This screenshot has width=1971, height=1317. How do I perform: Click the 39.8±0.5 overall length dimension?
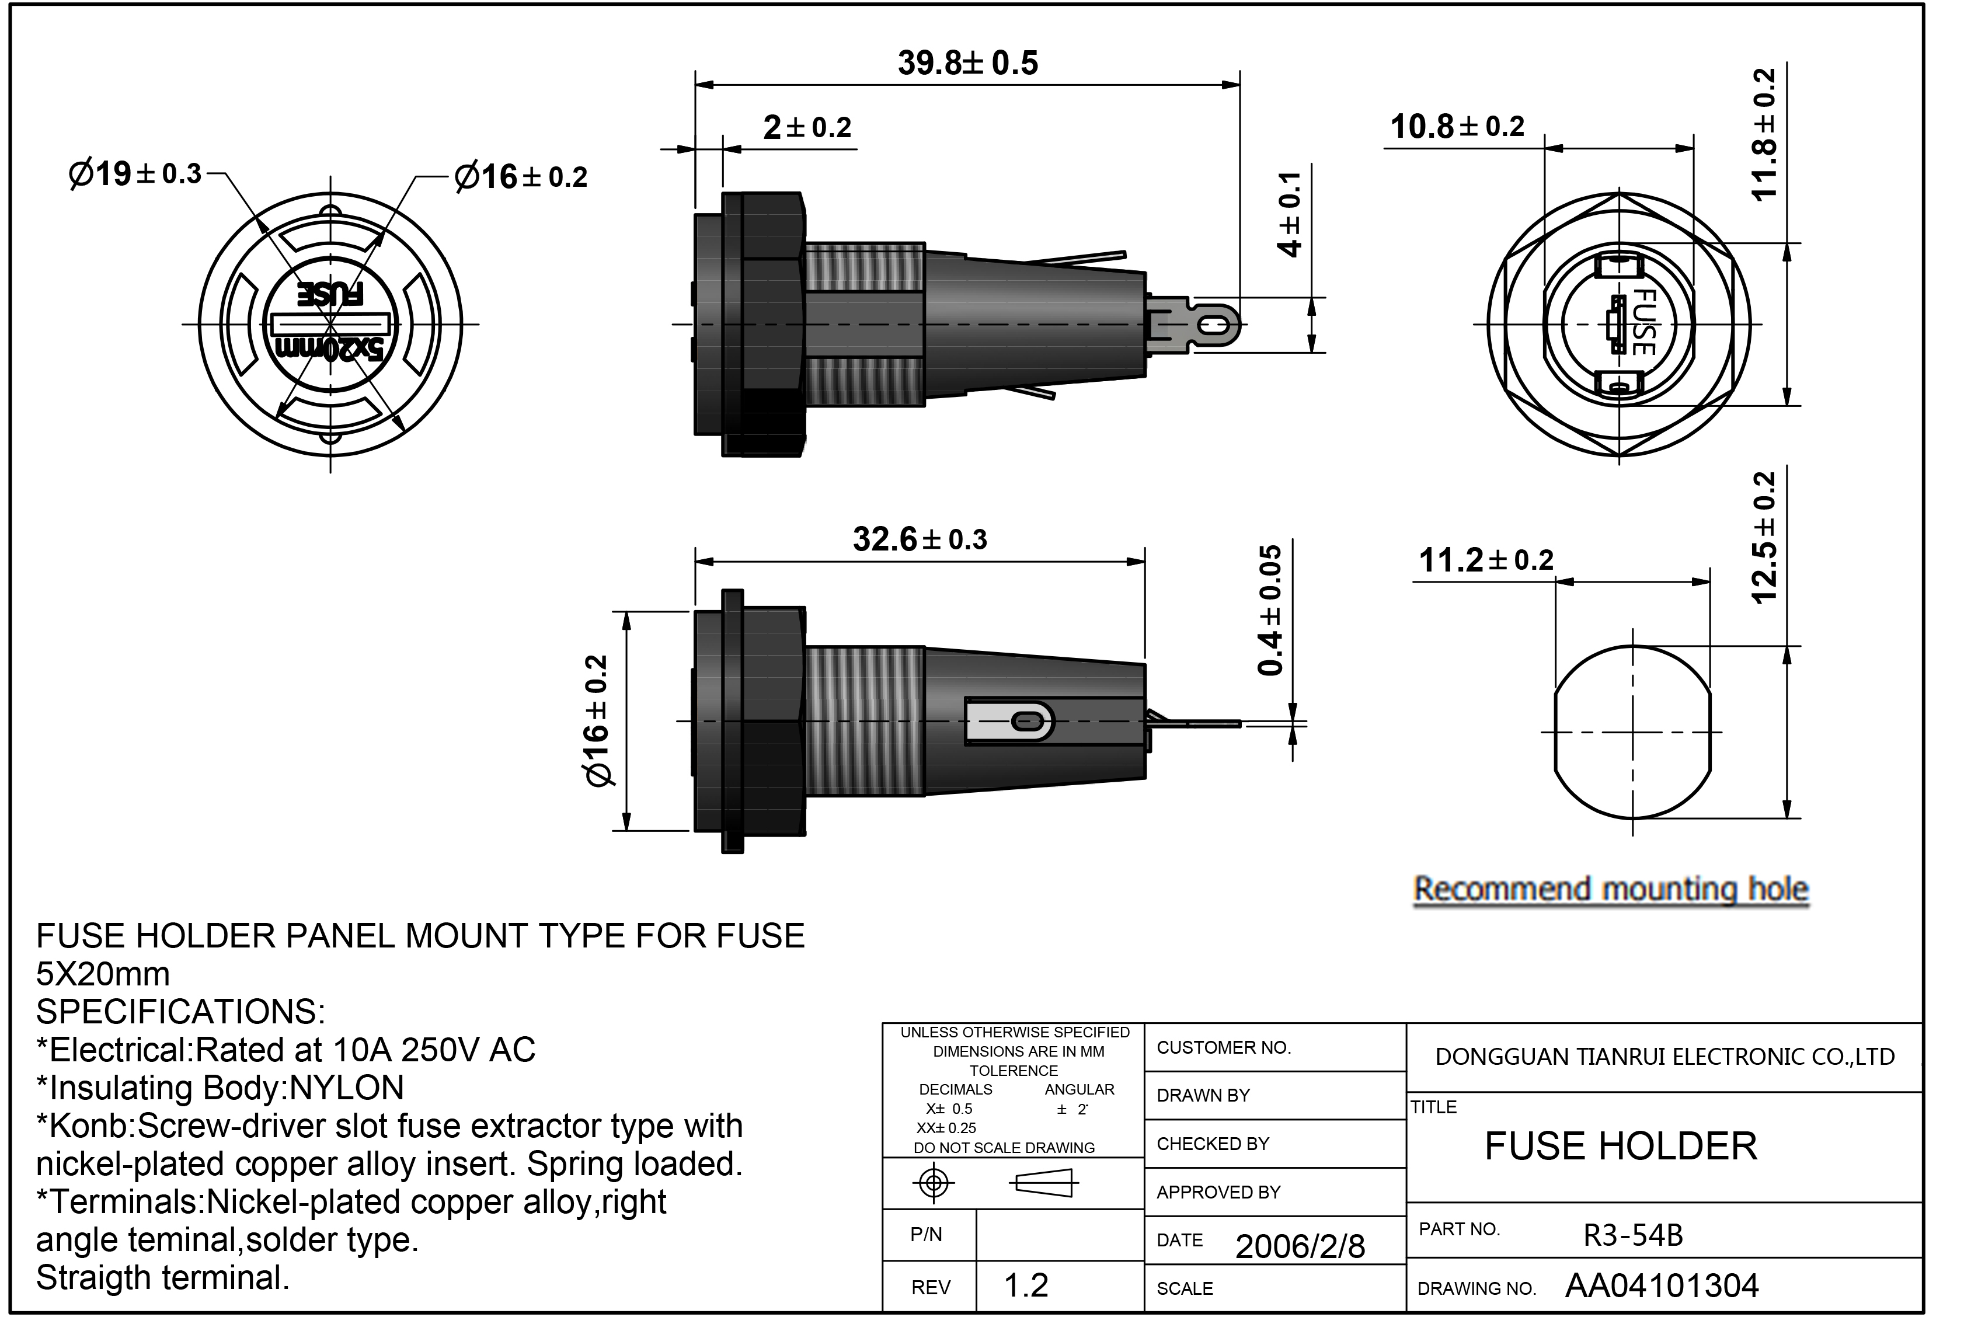tap(967, 63)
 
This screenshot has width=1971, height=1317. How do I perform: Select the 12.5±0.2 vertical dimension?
tap(1764, 538)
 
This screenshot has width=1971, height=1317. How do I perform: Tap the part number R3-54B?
tap(1632, 1235)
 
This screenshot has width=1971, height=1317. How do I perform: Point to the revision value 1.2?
tap(1026, 1285)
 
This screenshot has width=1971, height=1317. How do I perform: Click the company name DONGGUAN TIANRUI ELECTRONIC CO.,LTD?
tap(1665, 1057)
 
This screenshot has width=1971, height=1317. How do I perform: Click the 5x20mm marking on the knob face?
tap(330, 349)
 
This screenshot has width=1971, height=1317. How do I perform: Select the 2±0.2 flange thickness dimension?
tap(807, 128)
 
